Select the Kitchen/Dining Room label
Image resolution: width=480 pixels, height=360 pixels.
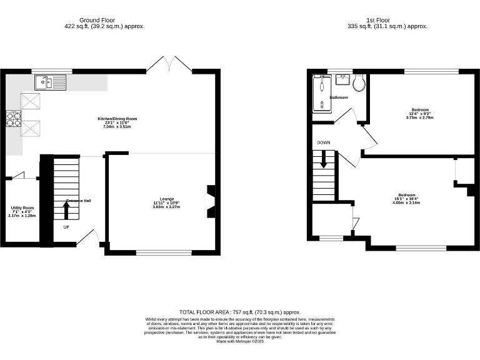[117, 119]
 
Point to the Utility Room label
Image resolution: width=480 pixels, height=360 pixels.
[22, 207]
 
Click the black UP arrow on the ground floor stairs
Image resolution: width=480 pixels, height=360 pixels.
[67, 210]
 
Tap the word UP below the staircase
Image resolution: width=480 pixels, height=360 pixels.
[66, 227]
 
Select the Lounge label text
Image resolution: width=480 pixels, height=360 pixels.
[166, 199]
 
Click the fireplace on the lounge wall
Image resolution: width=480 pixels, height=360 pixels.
[211, 202]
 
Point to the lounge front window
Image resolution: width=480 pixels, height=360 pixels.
[164, 252]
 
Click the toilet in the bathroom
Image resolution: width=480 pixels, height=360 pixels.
[358, 83]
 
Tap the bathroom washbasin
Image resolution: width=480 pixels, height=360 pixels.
[342, 80]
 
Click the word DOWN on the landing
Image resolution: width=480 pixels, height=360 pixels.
[324, 142]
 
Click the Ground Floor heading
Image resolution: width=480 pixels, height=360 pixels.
[100, 20]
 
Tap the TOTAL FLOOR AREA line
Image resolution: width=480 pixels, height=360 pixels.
[240, 311]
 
